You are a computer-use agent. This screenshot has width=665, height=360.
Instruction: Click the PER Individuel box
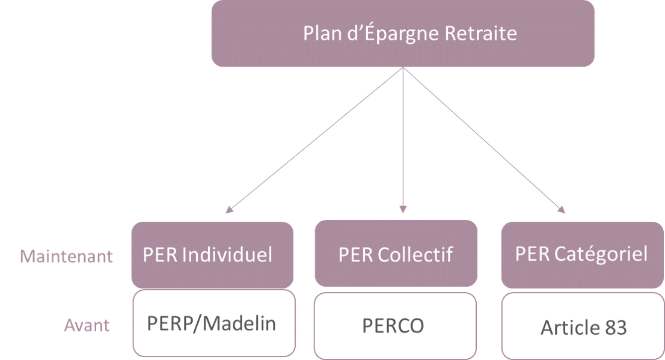tap(212, 254)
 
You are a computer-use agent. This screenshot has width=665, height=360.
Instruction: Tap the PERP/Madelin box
tap(212, 323)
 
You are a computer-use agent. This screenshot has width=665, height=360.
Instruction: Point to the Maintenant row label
tap(67, 257)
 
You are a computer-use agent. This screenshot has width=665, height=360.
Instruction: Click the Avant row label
tap(87, 326)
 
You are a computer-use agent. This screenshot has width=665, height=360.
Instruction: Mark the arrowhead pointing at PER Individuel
tap(227, 210)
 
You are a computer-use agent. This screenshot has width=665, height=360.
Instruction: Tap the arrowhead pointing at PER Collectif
tap(403, 209)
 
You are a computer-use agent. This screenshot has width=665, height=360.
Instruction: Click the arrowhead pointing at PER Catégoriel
tap(562, 210)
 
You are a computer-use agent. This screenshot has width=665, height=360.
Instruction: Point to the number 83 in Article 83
tap(615, 328)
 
